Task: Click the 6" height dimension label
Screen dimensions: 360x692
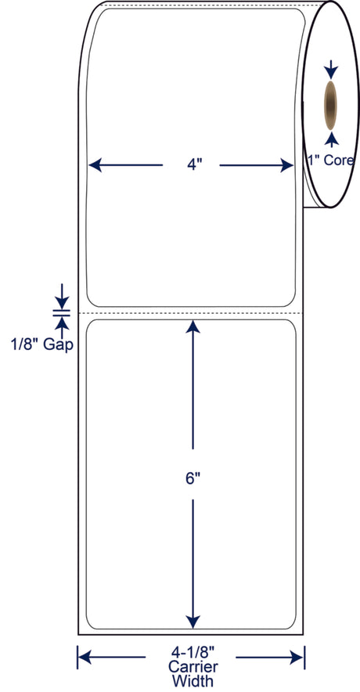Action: (191, 478)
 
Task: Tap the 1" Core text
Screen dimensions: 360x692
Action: (330, 160)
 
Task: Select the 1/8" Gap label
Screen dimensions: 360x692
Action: (42, 344)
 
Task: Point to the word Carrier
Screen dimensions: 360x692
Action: (192, 666)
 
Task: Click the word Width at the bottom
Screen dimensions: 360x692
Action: (193, 680)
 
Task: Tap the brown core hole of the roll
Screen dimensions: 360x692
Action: (330, 105)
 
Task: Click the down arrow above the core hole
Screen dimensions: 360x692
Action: (331, 70)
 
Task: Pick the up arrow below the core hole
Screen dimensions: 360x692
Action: (331, 139)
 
